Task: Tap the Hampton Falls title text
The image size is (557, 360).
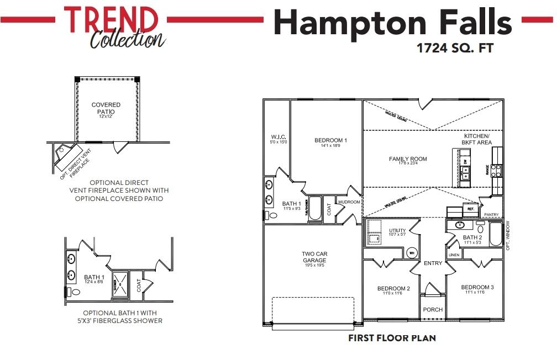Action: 393,23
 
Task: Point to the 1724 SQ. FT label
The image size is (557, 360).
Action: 454,48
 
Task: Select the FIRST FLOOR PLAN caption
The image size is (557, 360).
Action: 392,338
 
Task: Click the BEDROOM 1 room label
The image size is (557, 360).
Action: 330,140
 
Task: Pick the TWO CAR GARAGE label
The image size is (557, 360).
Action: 314,257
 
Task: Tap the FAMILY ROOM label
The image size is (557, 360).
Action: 408,159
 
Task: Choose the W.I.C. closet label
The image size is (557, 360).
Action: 277,136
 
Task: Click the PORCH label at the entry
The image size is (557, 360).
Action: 433,310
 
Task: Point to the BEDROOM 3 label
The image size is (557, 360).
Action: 477,288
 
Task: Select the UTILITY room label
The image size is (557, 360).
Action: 397,231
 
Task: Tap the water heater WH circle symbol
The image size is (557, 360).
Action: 411,253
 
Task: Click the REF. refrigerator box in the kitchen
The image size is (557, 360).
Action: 471,209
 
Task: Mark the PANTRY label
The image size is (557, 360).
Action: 491,214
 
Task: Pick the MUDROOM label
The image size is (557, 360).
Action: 349,202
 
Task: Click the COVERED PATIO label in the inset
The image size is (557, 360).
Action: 106,108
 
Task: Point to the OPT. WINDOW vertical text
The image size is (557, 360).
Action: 508,236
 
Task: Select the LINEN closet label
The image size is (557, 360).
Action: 454,255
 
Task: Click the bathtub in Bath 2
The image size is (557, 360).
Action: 495,234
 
